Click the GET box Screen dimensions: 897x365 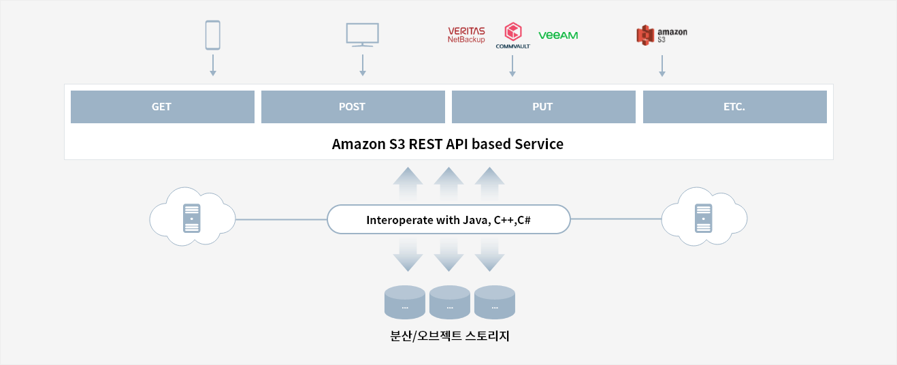pyautogui.click(x=163, y=107)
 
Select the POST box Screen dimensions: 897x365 pyautogui.click(x=353, y=107)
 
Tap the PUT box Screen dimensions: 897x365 pyautogui.click(x=543, y=107)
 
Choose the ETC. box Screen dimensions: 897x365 pyautogui.click(x=735, y=107)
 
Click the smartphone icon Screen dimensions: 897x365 pyautogui.click(x=212, y=35)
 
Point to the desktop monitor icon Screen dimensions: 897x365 pyautogui.click(x=362, y=35)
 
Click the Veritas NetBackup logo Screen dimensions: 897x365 pyautogui.click(x=466, y=35)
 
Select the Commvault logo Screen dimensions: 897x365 pyautogui.click(x=513, y=35)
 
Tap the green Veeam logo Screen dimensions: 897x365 pyautogui.click(x=558, y=35)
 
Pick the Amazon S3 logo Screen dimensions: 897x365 pyautogui.click(x=662, y=35)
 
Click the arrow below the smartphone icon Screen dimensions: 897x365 pyautogui.click(x=213, y=65)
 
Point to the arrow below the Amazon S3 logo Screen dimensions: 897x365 pyautogui.click(x=662, y=65)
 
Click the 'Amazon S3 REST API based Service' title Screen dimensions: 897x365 pyautogui.click(x=448, y=144)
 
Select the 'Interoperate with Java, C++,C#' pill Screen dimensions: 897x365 pyautogui.click(x=448, y=219)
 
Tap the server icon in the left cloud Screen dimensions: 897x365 pyautogui.click(x=192, y=219)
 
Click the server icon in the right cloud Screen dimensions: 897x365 pyautogui.click(x=704, y=219)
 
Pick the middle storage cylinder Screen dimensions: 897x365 pyautogui.click(x=450, y=302)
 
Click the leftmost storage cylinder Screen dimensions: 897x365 pyautogui.click(x=405, y=302)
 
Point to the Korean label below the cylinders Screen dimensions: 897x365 pyautogui.click(x=450, y=336)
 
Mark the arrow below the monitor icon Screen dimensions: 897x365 pyautogui.click(x=362, y=65)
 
